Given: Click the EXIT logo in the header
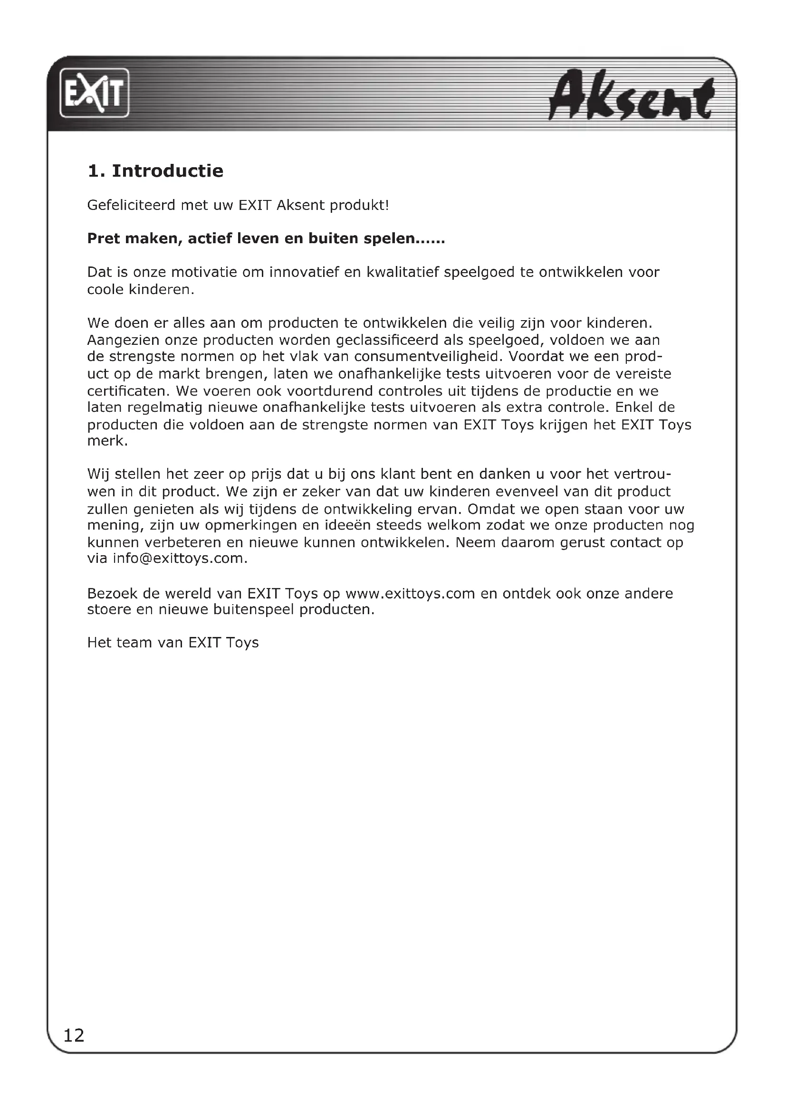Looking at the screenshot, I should (95, 93).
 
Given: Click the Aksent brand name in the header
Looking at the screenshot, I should (631, 96).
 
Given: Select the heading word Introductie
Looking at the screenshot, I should (167, 171).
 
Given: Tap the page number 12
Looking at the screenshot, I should (74, 1035).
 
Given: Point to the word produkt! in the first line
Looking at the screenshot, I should (359, 206).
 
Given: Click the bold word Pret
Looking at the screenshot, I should (102, 238).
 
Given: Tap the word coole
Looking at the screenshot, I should (105, 290).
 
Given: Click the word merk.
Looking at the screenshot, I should (107, 441).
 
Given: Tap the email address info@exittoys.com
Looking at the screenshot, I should (180, 559).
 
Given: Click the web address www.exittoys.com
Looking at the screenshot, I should (410, 593).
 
